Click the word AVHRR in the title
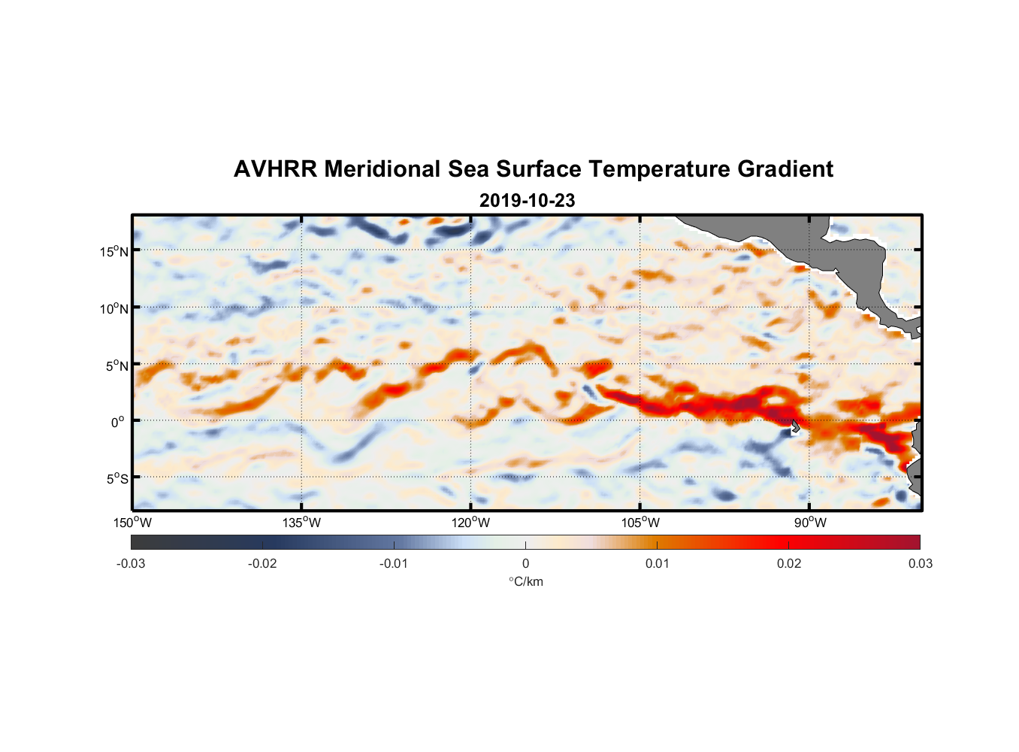[x=275, y=169]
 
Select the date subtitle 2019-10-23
[x=527, y=201]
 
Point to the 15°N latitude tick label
[x=114, y=251]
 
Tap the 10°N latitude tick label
[x=114, y=308]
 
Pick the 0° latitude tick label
[x=118, y=422]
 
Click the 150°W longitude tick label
[x=133, y=523]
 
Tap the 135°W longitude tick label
[x=302, y=523]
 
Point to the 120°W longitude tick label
[x=471, y=523]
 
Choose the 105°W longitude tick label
[x=640, y=523]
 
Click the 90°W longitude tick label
[x=810, y=523]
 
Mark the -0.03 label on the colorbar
[x=131, y=563]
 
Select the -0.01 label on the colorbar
[x=394, y=563]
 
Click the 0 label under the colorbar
[x=525, y=563]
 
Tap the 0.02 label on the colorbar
[x=789, y=563]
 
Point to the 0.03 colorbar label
[x=920, y=563]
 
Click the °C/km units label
[x=525, y=581]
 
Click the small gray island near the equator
[x=795, y=426]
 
